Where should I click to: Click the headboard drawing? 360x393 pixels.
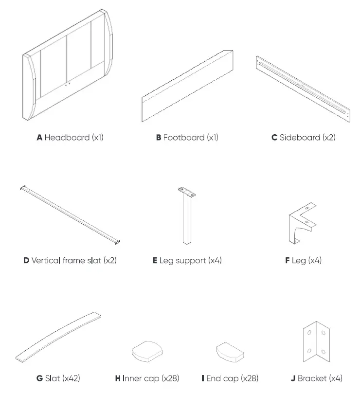pos(70,66)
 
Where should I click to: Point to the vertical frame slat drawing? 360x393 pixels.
pos(70,214)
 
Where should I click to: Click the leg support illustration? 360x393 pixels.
pos(187,219)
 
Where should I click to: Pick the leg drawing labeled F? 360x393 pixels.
pos(302,224)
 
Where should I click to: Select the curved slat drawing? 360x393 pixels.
pos(58,336)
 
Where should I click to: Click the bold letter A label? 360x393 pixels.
pos(39,138)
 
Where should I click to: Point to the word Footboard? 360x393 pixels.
pos(183,138)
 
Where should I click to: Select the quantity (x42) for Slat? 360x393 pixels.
pos(71,378)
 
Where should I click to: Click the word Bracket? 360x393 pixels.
pos(312,378)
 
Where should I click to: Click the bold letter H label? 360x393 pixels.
pos(118,378)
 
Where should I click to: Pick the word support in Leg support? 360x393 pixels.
pos(189,261)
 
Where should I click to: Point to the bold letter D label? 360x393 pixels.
pos(26,261)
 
